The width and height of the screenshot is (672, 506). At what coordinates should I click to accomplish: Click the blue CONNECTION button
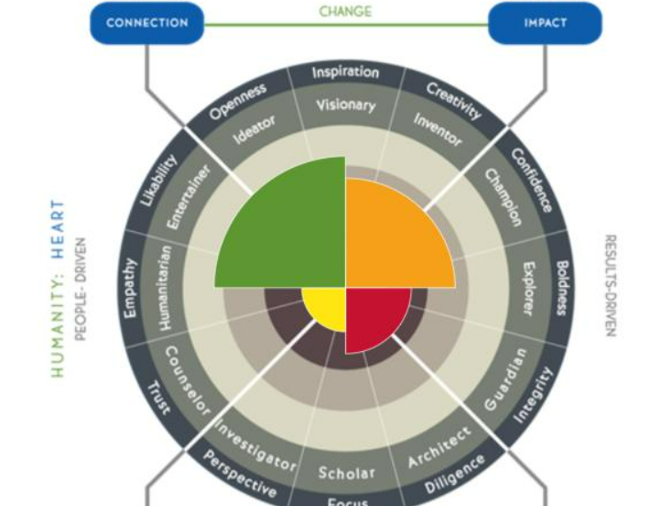pos(146,24)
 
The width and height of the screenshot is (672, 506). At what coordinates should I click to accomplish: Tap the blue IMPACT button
pos(545,24)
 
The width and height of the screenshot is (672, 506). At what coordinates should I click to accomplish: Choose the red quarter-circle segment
pos(368,316)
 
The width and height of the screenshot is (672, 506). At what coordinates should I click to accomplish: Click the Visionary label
pos(345,104)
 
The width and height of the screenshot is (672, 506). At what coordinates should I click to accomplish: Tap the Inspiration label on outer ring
pos(345,71)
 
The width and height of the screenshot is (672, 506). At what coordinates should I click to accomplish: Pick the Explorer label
pos(528,290)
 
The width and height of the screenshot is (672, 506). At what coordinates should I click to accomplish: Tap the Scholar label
pos(346,473)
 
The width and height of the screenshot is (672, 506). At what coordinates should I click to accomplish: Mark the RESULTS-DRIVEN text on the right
pos(610,285)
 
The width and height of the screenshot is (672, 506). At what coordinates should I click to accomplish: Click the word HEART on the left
pos(59,228)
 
